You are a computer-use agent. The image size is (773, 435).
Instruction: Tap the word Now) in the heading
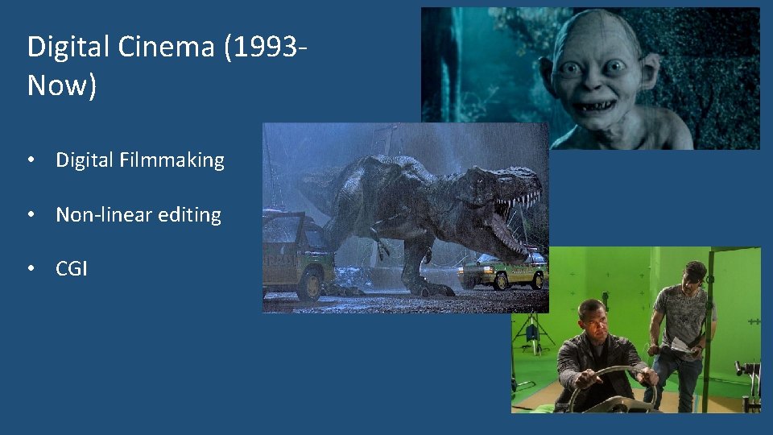62,85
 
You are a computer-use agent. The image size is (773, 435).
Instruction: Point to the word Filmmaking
172,160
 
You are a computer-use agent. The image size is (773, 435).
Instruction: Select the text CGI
72,269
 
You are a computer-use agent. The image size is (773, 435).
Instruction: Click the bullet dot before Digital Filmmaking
30,160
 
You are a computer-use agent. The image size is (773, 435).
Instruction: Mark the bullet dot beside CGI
30,269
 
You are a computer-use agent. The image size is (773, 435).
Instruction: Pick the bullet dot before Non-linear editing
30,215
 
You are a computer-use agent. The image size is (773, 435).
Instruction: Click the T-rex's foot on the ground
424,286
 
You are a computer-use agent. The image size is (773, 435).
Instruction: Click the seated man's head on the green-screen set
594,317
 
